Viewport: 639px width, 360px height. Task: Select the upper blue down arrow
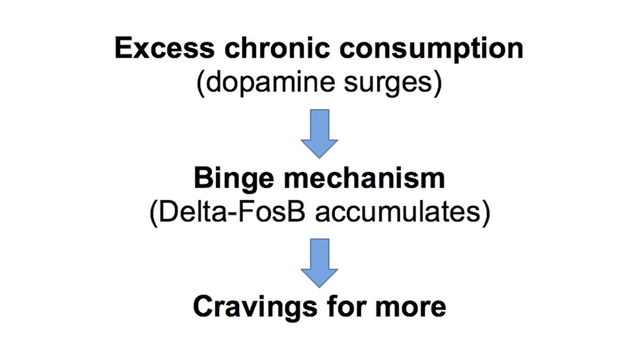point(319,134)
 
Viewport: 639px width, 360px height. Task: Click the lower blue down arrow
point(319,262)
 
